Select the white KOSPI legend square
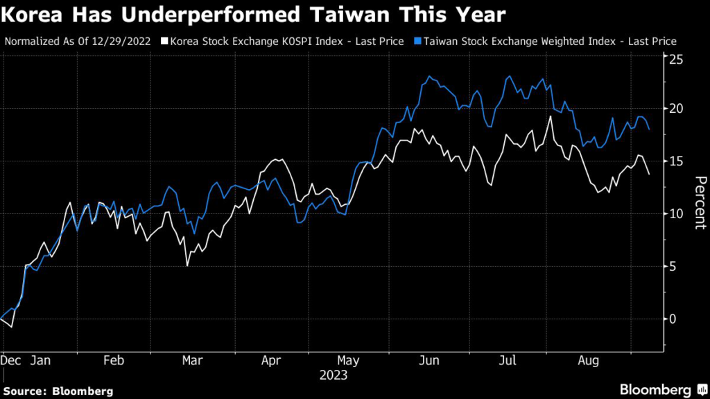[x=164, y=42]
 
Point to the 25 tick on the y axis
[x=676, y=60]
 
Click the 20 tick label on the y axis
[x=676, y=109]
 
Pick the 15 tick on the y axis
[x=676, y=161]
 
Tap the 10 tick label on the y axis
[x=676, y=214]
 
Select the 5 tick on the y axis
[x=673, y=266]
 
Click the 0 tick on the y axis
[x=673, y=319]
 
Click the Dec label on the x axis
[x=12, y=361]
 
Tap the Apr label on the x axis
[x=271, y=361]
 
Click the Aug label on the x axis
[x=588, y=361]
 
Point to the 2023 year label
[x=334, y=375]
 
